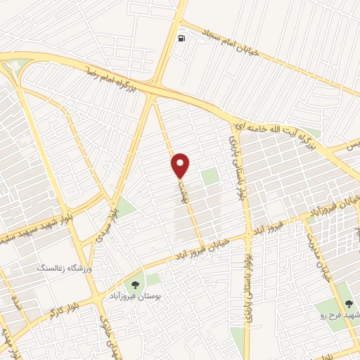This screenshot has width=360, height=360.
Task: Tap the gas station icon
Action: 183,38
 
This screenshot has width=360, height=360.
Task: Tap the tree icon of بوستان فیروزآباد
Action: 134,283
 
